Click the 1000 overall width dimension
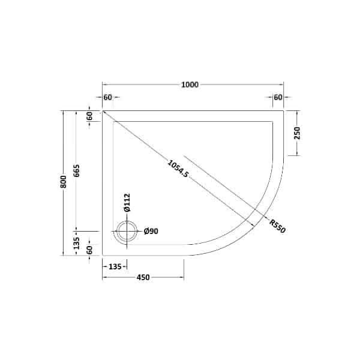(x=190, y=85)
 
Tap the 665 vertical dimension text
(x=77, y=172)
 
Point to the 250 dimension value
(x=297, y=133)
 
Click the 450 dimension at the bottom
(x=142, y=277)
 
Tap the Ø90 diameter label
(x=150, y=232)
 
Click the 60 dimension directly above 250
(x=278, y=97)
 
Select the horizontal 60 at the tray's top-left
(x=108, y=97)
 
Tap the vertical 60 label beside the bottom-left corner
(x=89, y=250)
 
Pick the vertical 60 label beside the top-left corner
(x=89, y=116)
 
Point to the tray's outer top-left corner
(x=103, y=111)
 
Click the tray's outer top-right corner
(x=283, y=111)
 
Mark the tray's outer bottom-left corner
(x=103, y=255)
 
